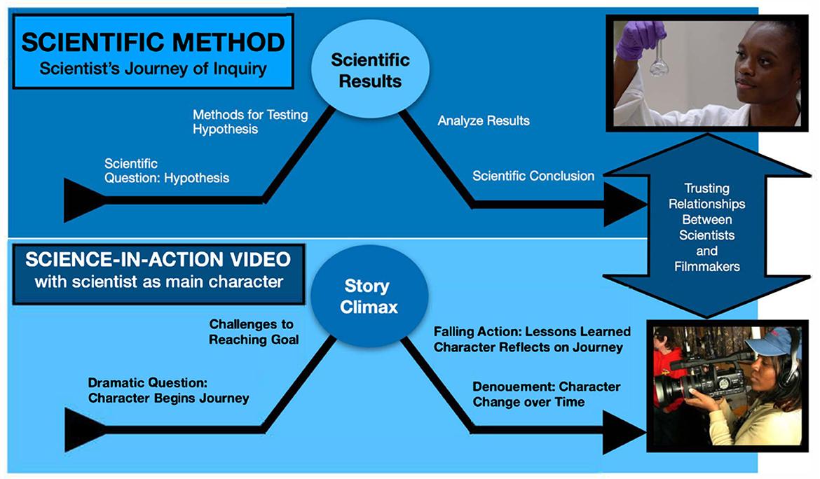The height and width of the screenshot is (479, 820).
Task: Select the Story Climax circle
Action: pyautogui.click(x=367, y=297)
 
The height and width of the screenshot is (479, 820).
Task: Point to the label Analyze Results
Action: pyautogui.click(x=484, y=120)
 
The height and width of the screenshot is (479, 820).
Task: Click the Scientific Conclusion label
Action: pyautogui.click(x=533, y=176)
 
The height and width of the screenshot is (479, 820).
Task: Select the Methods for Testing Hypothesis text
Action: pyautogui.click(x=250, y=121)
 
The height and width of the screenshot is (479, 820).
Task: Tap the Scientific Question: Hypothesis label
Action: pyautogui.click(x=167, y=171)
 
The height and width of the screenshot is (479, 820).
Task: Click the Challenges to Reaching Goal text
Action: pyautogui.click(x=251, y=332)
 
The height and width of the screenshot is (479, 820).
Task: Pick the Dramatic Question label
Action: pyautogui.click(x=168, y=391)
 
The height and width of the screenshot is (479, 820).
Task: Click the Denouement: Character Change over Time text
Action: pyautogui.click(x=546, y=394)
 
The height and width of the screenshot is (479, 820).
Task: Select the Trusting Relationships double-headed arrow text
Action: pyautogui.click(x=707, y=227)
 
